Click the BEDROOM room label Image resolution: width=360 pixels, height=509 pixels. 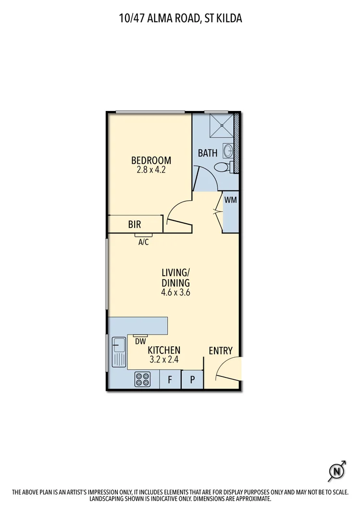(151, 160)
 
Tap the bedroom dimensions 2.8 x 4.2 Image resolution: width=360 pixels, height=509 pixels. (151, 170)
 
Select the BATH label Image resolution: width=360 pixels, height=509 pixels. (208, 153)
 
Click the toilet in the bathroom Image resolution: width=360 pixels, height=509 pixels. (223, 168)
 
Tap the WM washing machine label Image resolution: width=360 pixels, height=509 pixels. (231, 199)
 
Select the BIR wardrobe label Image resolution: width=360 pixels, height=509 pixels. (135, 224)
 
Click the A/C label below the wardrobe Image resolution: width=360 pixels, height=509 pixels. (143, 242)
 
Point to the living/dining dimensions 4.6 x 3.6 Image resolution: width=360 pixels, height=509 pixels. (176, 292)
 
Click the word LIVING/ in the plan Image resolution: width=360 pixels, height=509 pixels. (175, 273)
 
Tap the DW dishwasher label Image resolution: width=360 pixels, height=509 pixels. (140, 342)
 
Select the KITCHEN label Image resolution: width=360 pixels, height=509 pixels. (164, 351)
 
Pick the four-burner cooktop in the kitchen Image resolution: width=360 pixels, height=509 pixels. (143, 379)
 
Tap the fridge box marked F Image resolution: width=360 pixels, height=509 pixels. (170, 379)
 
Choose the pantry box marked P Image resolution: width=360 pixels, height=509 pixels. (192, 379)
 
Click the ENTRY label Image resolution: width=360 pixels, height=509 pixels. (221, 351)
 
